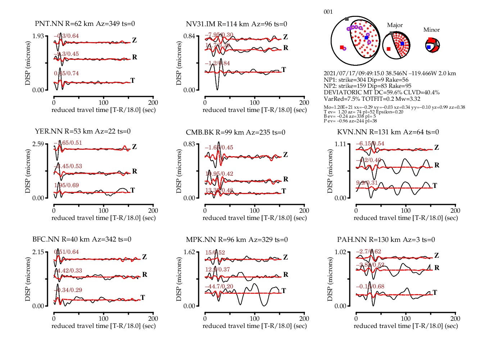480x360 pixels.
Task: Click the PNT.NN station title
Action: click(x=85, y=24)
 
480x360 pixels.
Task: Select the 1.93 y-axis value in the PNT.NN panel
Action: click(x=38, y=36)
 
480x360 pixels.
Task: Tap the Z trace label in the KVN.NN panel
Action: click(x=436, y=148)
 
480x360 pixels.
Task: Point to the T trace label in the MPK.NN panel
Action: click(x=284, y=291)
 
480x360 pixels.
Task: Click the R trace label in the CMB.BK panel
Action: click(x=286, y=179)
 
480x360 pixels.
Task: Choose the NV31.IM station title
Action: click(x=236, y=24)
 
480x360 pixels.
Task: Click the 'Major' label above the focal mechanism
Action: click(x=395, y=25)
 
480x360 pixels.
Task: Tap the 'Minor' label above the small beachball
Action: click(x=431, y=30)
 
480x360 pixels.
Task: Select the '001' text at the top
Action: click(x=328, y=12)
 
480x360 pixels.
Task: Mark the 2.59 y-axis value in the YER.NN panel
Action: click(x=38, y=144)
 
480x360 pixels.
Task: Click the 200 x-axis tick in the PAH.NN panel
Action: click(x=455, y=319)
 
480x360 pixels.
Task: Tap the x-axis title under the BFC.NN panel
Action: click(x=104, y=326)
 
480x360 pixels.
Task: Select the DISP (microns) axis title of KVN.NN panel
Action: click(x=330, y=171)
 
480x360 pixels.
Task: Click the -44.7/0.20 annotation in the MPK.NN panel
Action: click(x=219, y=287)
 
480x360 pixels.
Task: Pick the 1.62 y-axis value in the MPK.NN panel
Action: click(x=189, y=252)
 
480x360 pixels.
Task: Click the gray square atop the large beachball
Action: click(x=347, y=19)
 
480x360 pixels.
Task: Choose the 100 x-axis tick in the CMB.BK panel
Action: click(x=255, y=211)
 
